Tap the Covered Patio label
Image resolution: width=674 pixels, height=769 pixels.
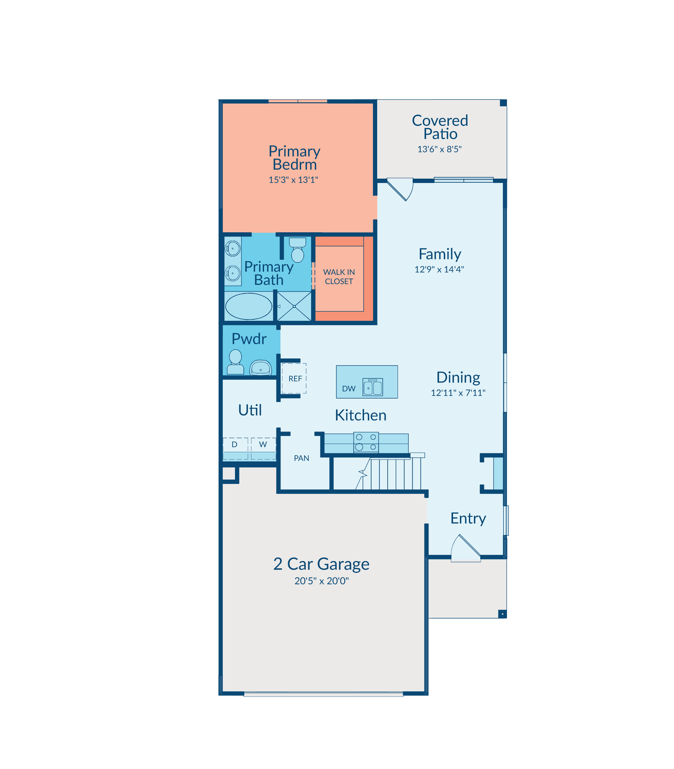point(440,127)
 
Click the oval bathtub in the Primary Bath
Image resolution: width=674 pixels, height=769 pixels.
point(249,307)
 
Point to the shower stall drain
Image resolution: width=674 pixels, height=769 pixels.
point(294,307)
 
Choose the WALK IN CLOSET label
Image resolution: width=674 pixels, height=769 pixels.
point(339,277)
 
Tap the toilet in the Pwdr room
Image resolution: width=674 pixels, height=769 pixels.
point(236,362)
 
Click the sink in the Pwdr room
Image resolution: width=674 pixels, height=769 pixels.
point(261,368)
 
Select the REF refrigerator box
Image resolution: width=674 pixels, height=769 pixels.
point(294,378)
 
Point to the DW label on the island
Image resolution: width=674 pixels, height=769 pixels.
point(349,389)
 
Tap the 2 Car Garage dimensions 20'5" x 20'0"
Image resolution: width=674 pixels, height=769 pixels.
point(322,581)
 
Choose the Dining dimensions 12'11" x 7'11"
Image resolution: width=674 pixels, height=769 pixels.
point(458,393)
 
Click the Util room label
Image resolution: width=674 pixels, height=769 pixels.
point(250,410)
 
